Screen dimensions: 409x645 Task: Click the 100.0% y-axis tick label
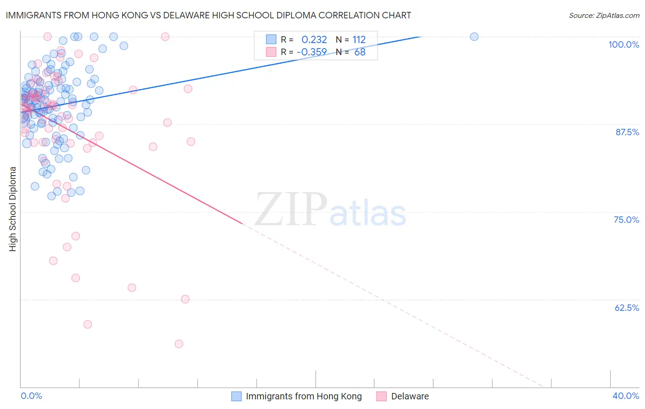pyautogui.click(x=623, y=44)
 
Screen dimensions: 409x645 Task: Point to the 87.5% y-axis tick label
pyautogui.click(x=627, y=132)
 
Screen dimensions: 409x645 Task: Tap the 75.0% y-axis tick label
pyautogui.click(x=626, y=220)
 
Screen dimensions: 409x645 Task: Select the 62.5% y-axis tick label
pyautogui.click(x=627, y=308)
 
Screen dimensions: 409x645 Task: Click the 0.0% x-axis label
pyautogui.click(x=31, y=396)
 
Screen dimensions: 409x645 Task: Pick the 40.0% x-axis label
pyautogui.click(x=626, y=396)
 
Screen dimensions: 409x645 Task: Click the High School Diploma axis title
pyautogui.click(x=13, y=209)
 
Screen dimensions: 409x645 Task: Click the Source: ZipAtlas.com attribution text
pyautogui.click(x=604, y=15)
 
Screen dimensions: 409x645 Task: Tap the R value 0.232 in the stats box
pyautogui.click(x=314, y=39)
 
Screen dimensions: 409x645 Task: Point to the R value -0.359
pyautogui.click(x=312, y=52)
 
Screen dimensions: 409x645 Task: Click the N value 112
pyautogui.click(x=359, y=39)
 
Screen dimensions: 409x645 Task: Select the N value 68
pyautogui.click(x=360, y=52)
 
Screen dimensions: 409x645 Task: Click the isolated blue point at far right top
pyautogui.click(x=474, y=37)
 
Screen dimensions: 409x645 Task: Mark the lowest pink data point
pyautogui.click(x=179, y=344)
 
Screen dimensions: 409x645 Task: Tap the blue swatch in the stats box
pyautogui.click(x=271, y=39)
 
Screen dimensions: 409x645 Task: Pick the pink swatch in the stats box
pyautogui.click(x=271, y=52)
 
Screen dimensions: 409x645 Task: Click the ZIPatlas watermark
pyautogui.click(x=330, y=210)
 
